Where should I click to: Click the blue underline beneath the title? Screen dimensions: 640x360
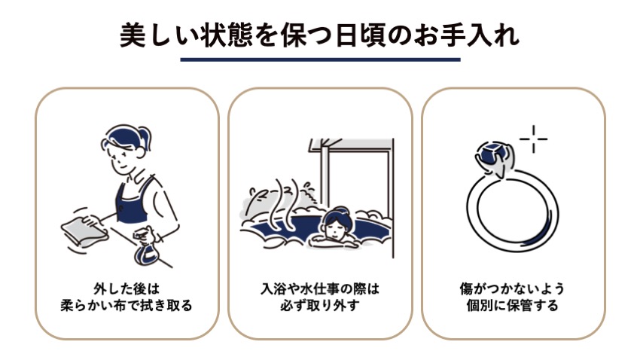(320, 59)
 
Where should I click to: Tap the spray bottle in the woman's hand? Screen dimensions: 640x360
(146, 246)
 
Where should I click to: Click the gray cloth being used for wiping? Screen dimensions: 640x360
(84, 230)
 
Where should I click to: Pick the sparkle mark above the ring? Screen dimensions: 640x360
(533, 139)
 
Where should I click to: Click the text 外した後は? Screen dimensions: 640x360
(126, 288)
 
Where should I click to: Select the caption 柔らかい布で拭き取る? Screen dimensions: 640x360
(126, 305)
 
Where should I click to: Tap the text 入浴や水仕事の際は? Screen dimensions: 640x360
(320, 288)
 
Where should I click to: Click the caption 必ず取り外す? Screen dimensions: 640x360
(320, 305)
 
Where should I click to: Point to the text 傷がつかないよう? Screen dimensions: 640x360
(513, 288)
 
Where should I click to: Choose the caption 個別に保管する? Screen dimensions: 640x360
(513, 305)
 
